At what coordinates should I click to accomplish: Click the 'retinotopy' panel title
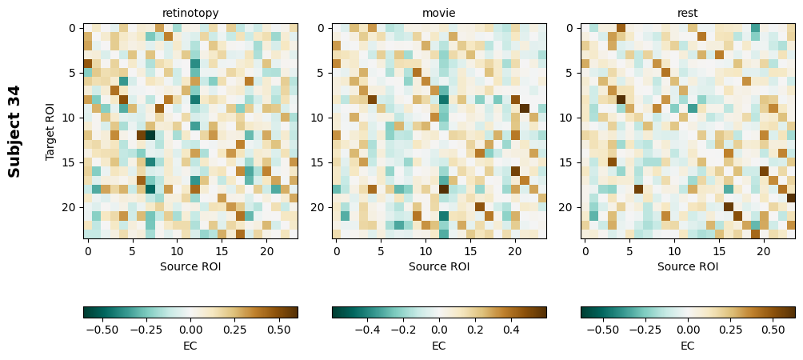[x=190, y=13]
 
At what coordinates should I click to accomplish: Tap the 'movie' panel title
[x=439, y=13]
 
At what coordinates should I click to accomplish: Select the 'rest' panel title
[x=688, y=13]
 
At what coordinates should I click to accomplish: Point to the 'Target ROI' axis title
[x=50, y=131]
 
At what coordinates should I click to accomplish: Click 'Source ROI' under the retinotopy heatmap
[x=190, y=266]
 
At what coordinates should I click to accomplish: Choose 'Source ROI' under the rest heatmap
[x=688, y=266]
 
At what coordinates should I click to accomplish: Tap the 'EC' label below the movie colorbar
[x=439, y=346]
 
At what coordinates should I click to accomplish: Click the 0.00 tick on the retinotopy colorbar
[x=190, y=329]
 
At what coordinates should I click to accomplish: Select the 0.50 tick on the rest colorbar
[x=773, y=329]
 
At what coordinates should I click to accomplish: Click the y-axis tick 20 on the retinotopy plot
[x=71, y=207]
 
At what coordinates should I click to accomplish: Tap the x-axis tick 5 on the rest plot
[x=629, y=251]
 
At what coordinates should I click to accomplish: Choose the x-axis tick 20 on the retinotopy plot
[x=266, y=251]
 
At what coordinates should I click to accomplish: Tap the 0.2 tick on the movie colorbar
[x=475, y=329]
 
